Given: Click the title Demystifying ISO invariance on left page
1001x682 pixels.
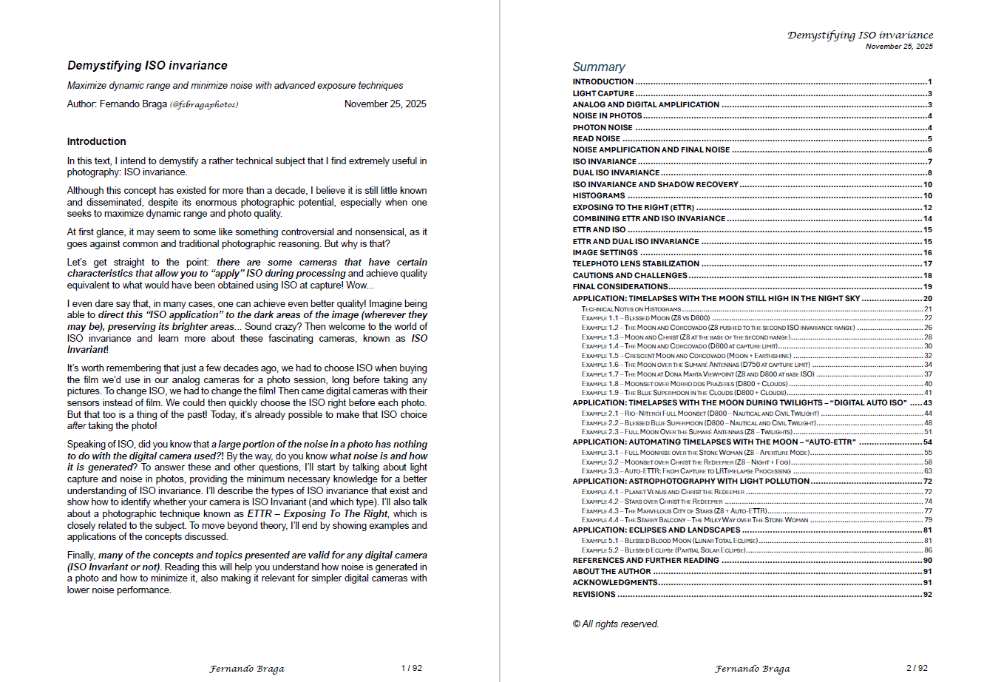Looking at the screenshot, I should (x=147, y=66).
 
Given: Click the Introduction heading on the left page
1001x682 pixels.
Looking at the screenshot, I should (x=96, y=141).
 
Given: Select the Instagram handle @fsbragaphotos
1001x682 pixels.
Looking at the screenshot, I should (x=204, y=104).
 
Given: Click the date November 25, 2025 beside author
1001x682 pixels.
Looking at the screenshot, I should (x=385, y=104).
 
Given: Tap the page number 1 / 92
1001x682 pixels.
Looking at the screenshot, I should (x=412, y=668).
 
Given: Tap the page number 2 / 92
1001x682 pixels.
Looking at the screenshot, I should (x=917, y=668).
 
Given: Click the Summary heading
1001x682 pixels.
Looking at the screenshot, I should (x=599, y=67).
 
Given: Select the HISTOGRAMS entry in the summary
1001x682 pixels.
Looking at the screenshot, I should (x=599, y=196).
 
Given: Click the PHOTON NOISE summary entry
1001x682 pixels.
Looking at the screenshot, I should (x=603, y=128).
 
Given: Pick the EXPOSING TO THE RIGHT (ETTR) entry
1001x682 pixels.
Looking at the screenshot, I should (x=633, y=208).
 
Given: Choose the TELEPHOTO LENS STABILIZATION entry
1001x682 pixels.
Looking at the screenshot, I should (x=636, y=264).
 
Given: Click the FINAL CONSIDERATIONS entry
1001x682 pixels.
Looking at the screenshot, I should (x=620, y=287).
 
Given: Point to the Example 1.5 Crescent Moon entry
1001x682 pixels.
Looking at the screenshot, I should (x=686, y=356).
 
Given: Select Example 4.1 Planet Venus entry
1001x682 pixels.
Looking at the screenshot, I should (x=662, y=492).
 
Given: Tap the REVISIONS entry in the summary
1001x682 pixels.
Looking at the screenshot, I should (x=594, y=595).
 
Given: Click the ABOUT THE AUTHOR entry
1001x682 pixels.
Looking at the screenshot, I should (x=611, y=572).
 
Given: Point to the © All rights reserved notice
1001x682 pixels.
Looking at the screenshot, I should (x=615, y=624).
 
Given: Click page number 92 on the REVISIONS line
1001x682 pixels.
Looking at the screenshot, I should (x=928, y=595).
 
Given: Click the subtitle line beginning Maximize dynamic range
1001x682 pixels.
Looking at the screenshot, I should (x=235, y=86).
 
